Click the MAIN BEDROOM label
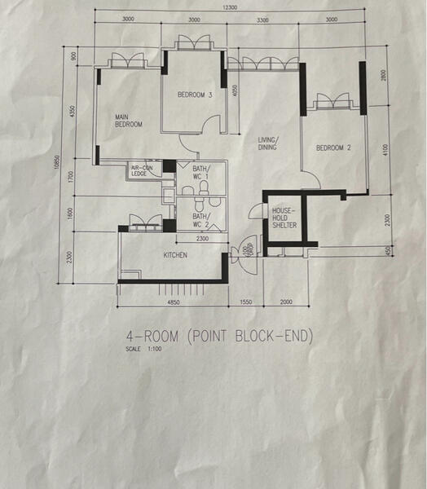pos(129,121)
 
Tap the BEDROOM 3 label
pos(195,95)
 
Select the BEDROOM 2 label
pos(332,148)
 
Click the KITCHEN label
pos(175,255)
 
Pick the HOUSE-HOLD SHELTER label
pos(284,218)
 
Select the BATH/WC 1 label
pos(201,173)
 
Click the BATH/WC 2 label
pos(201,221)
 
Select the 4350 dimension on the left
pos(73,110)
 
